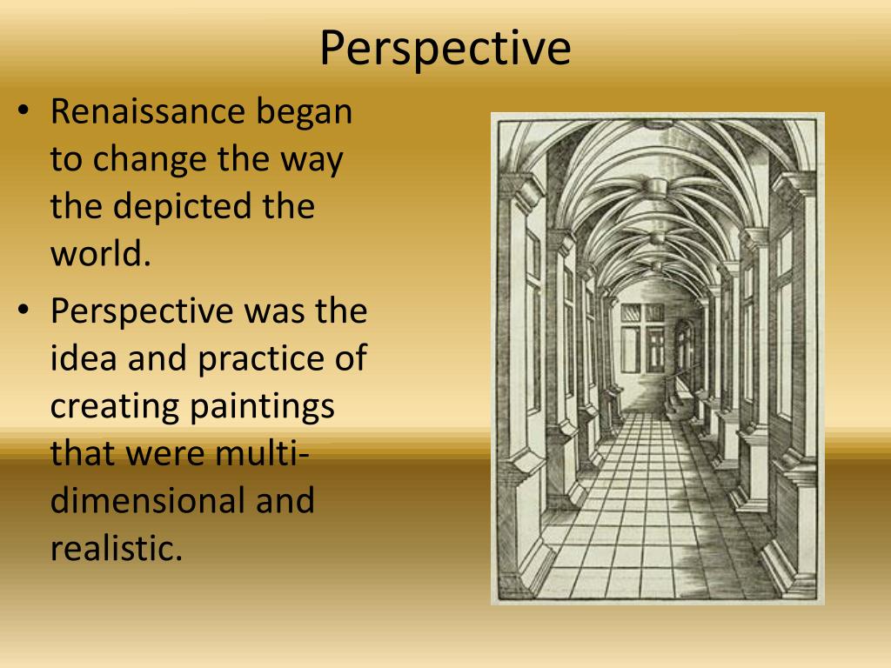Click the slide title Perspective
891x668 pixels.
click(x=445, y=48)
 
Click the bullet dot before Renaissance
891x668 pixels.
click(x=24, y=113)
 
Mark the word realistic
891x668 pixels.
click(x=116, y=548)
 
